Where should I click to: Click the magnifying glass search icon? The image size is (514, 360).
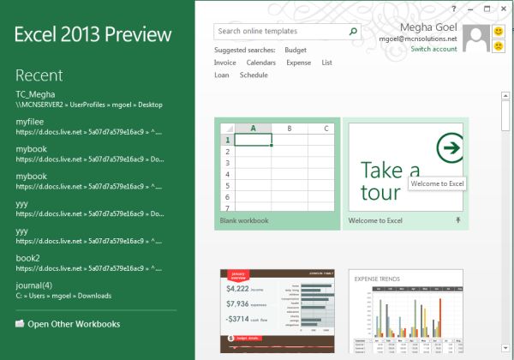tap(353, 31)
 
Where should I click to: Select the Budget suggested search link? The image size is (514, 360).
tap(296, 51)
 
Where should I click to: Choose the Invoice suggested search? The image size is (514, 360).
tap(225, 63)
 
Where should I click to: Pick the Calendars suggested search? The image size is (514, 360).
tap(261, 63)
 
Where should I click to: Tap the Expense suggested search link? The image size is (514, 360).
tap(298, 63)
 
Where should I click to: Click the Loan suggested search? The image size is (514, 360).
tap(221, 75)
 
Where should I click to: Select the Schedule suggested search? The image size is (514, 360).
tap(254, 75)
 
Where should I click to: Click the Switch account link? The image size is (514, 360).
tap(433, 50)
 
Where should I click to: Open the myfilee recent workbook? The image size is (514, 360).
tap(30, 123)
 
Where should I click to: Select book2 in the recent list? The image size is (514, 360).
tap(28, 257)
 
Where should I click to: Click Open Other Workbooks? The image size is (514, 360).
tap(74, 324)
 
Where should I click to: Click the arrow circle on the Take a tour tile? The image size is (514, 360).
tap(448, 148)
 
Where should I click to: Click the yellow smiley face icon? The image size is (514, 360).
tap(498, 32)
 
